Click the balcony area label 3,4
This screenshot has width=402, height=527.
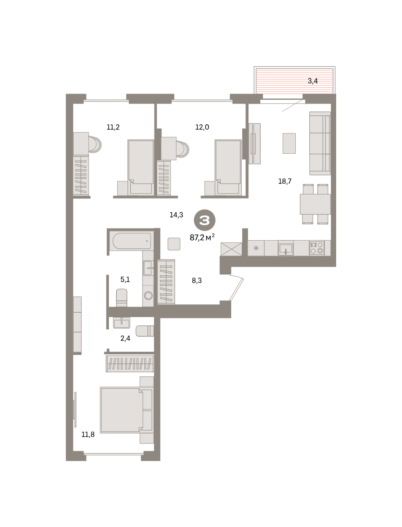312,81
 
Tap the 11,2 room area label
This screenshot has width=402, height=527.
113,127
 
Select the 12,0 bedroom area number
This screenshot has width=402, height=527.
202,127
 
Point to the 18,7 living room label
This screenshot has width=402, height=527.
285,181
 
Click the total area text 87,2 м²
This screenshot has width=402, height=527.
202,238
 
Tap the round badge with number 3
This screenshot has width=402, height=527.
205,220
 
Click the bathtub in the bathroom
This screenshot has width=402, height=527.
132,241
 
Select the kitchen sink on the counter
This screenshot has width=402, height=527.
286,249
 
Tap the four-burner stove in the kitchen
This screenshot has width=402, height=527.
316,248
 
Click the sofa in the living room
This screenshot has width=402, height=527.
320,143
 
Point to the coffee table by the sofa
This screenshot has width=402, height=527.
289,143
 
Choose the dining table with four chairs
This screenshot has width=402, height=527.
315,204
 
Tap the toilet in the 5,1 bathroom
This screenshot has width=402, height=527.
122,298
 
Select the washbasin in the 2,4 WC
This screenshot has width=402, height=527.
122,323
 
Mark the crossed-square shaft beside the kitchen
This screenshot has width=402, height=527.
231,249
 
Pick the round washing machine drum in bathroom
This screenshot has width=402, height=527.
148,296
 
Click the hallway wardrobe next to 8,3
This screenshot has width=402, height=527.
166,282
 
